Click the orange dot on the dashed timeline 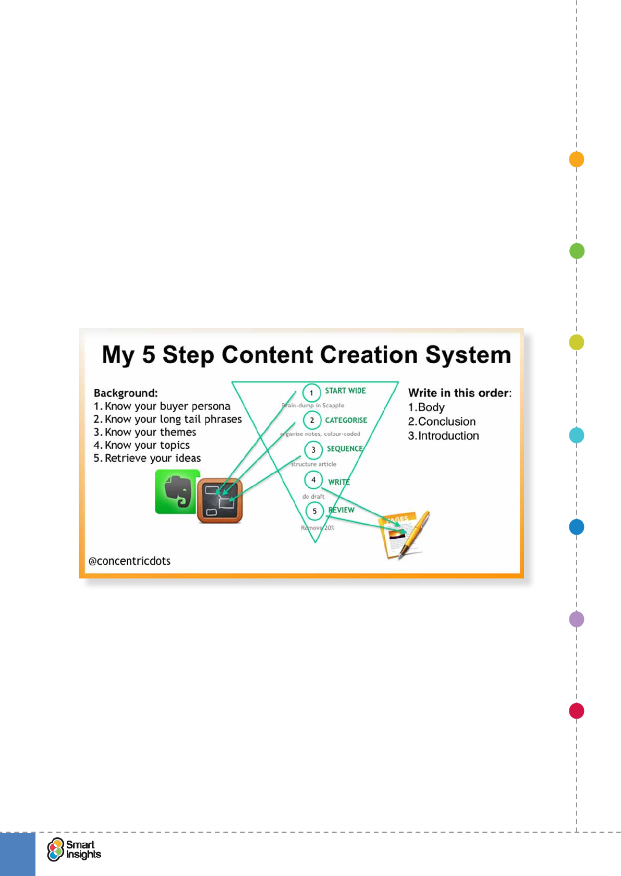click(x=576, y=159)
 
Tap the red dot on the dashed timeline click(x=576, y=711)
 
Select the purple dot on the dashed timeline click(x=576, y=619)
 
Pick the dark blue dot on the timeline click(x=576, y=527)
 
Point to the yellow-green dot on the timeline click(x=576, y=342)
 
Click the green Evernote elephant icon click(x=177, y=491)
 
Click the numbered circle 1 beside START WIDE click(x=311, y=393)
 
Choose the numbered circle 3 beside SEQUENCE click(x=313, y=450)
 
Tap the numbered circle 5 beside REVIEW click(x=314, y=511)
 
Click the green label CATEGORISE click(x=346, y=420)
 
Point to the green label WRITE click(x=339, y=482)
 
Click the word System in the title click(x=468, y=355)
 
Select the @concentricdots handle click(x=129, y=561)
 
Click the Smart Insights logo click(x=74, y=849)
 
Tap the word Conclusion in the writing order click(x=446, y=422)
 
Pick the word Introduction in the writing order click(x=448, y=436)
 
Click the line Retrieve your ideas click(x=152, y=458)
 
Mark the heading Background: click(x=126, y=393)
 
